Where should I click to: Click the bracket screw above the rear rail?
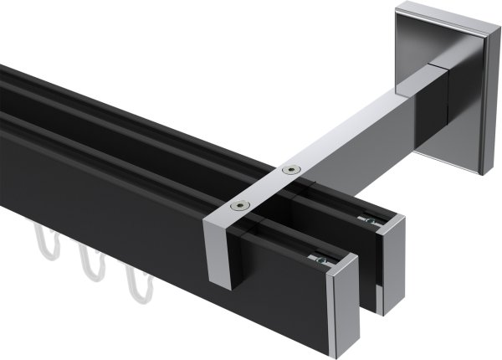point(290,170)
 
